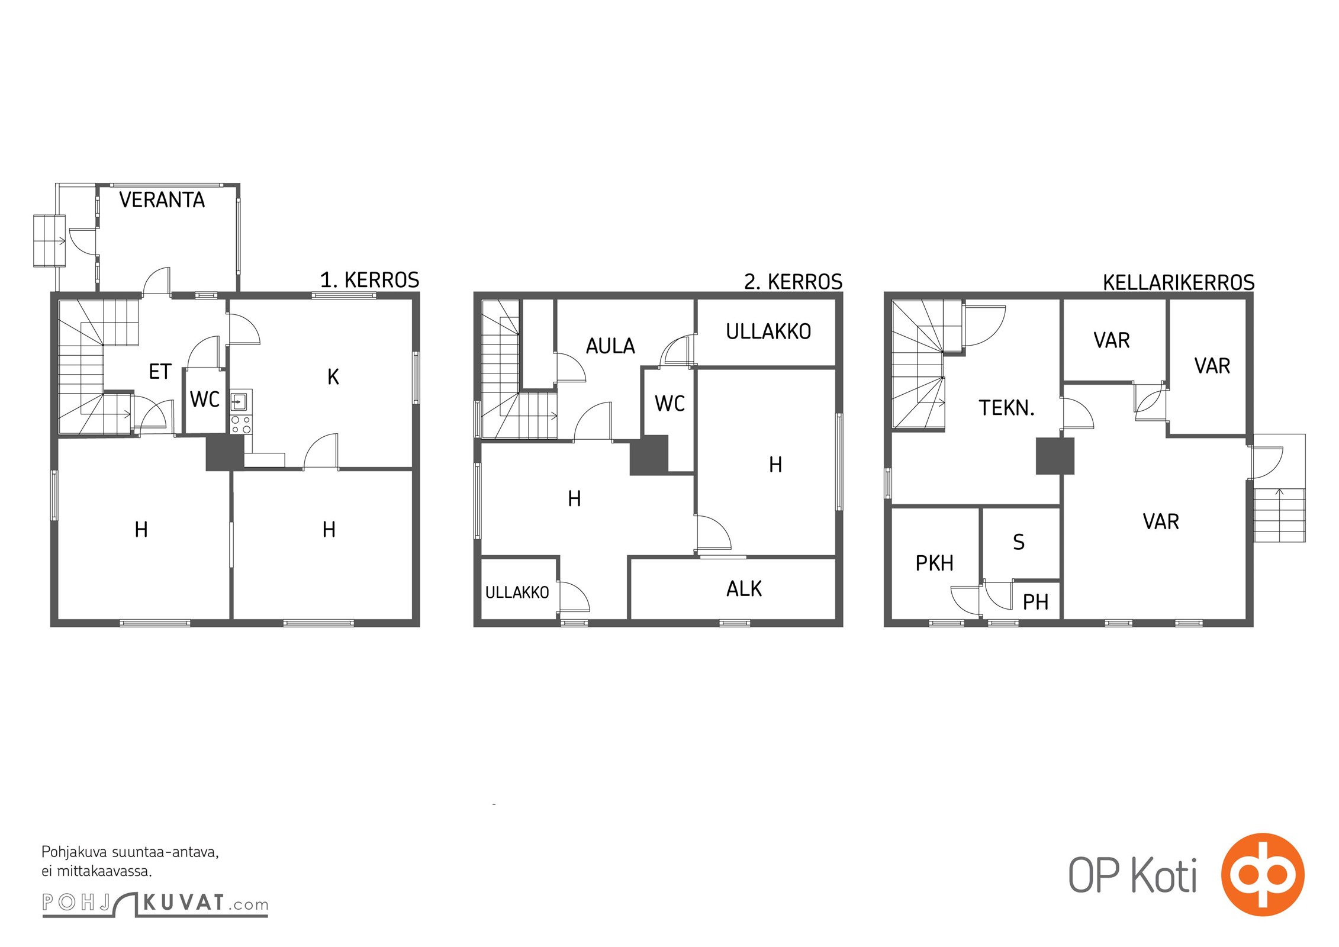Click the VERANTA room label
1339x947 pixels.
[x=162, y=200]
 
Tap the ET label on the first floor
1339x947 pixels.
[x=160, y=372]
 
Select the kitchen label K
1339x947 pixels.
[x=333, y=376]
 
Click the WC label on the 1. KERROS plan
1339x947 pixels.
[x=205, y=400]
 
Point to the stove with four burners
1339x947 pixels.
[x=241, y=424]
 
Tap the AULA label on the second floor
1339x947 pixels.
[x=610, y=346]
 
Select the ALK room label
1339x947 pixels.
[x=744, y=588]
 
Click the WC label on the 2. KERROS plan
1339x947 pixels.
[x=669, y=404]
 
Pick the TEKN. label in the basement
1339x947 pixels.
[x=1006, y=408]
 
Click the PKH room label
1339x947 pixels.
[x=935, y=563]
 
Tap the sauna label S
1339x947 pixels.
[x=1019, y=542]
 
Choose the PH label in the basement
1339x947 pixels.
[x=1036, y=603]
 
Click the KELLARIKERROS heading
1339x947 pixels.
[x=1179, y=282]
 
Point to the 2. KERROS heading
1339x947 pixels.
[x=793, y=282]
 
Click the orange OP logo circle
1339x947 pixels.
[x=1263, y=874]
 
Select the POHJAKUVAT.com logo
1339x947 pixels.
[x=155, y=903]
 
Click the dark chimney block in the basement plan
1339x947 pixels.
[x=1055, y=456]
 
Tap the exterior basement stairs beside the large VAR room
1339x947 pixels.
[x=1279, y=515]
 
